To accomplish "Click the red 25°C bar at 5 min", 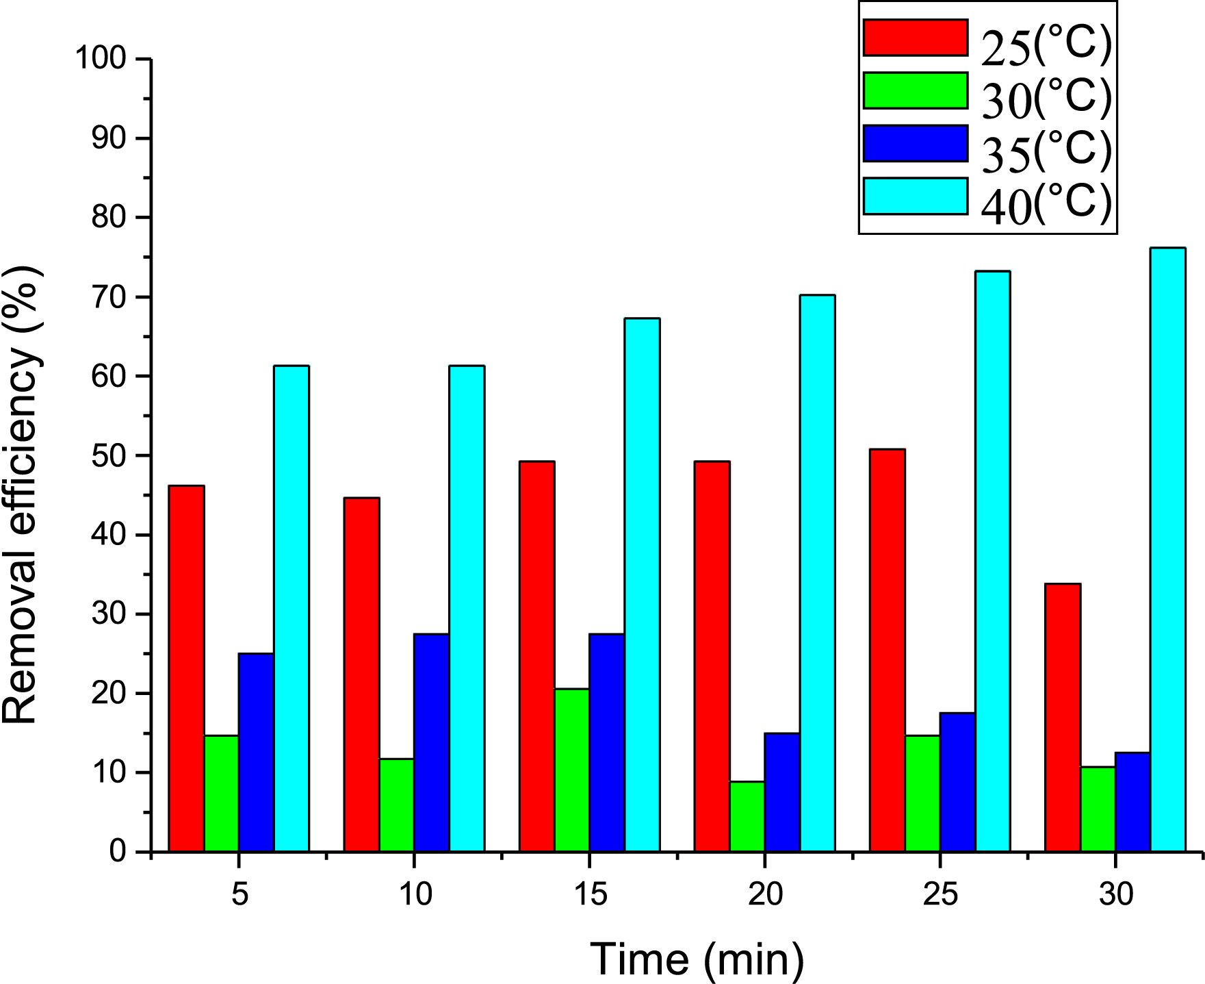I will point(186,668).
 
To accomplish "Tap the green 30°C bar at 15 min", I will point(572,770).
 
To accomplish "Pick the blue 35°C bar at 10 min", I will point(432,742).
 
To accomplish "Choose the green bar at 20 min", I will point(747,816).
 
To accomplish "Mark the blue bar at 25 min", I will point(957,782).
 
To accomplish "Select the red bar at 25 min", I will point(887,650).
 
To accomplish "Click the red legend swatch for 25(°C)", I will point(915,38).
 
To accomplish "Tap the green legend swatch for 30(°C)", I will point(915,90).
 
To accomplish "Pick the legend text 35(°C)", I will point(1046,150).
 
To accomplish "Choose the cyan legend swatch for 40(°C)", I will point(915,197).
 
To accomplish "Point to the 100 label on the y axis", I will point(101,59).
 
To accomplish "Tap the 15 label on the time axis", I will point(590,894).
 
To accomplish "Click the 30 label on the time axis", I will point(1116,894).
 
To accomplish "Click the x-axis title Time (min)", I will point(697,959).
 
